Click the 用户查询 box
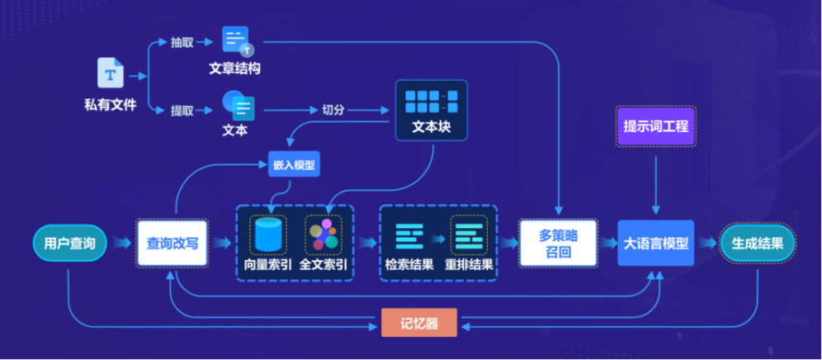click(x=69, y=244)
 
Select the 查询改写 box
click(x=172, y=244)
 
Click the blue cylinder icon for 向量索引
click(x=268, y=234)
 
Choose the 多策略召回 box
click(x=558, y=244)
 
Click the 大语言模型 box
click(x=656, y=244)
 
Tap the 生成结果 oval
click(x=758, y=244)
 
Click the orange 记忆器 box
click(x=418, y=323)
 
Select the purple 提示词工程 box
click(x=656, y=126)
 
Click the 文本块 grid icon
click(x=432, y=102)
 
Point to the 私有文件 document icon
click(x=111, y=73)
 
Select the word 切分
click(x=333, y=110)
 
